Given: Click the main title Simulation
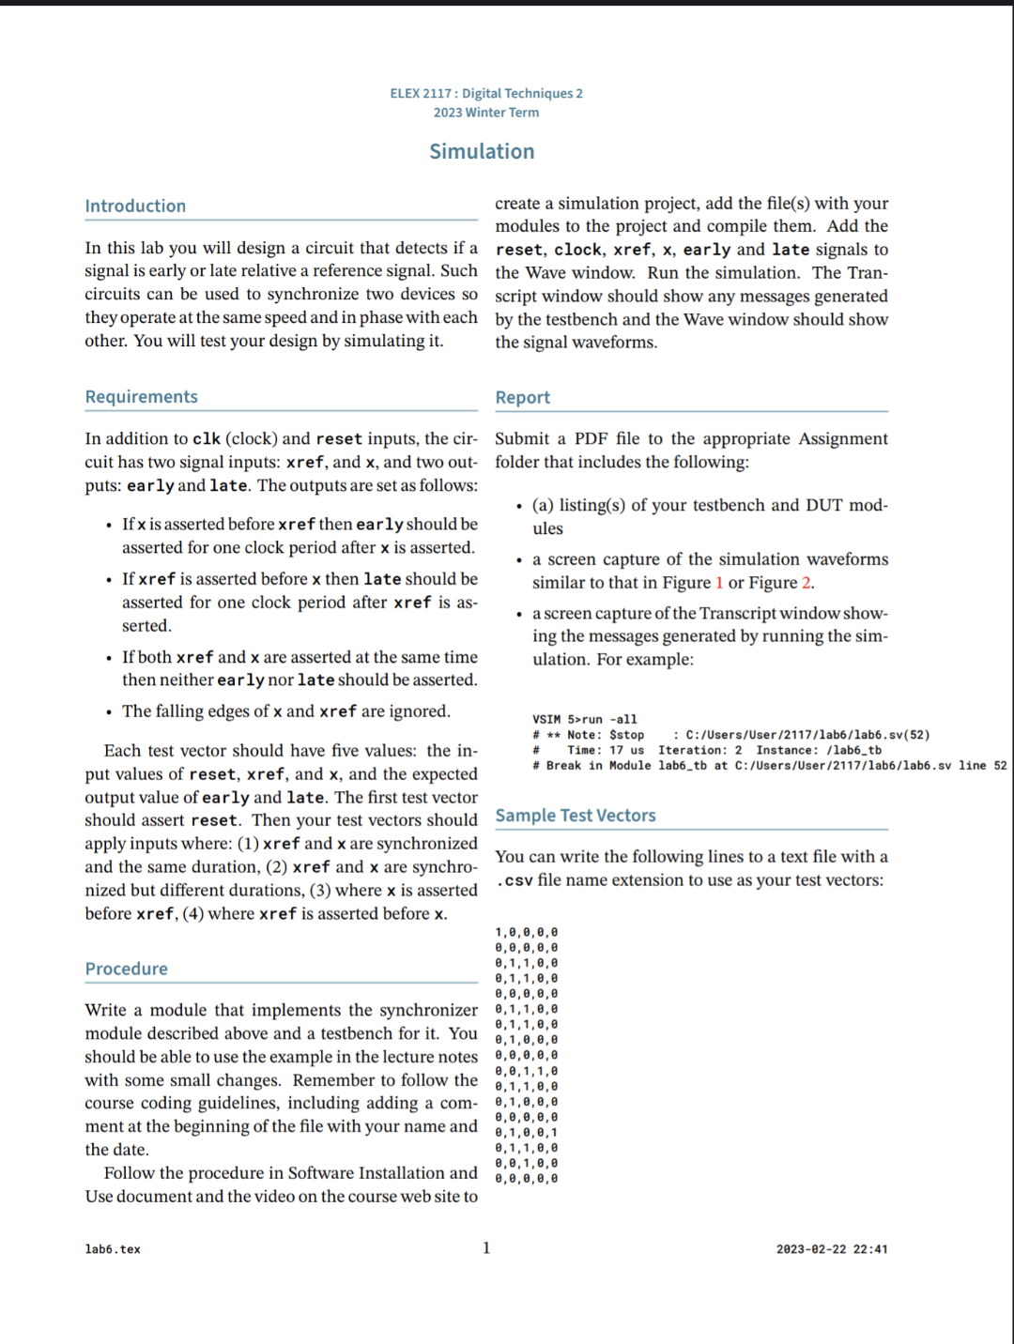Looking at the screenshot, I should [x=482, y=151].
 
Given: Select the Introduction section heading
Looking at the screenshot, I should [x=135, y=206].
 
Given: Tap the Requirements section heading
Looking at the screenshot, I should [x=141, y=396].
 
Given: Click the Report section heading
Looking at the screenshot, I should [x=522, y=397].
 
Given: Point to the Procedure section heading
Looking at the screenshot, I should [x=126, y=969].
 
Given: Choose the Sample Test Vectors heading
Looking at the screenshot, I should [x=575, y=815].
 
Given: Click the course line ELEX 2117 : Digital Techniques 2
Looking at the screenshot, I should [x=486, y=93].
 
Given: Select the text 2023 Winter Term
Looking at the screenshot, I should [x=486, y=113].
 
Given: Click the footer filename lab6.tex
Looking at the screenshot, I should [x=113, y=1249].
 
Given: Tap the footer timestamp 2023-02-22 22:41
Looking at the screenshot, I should [x=831, y=1249].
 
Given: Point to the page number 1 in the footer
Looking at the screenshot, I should [x=486, y=1247].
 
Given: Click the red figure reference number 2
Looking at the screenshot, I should [x=806, y=583].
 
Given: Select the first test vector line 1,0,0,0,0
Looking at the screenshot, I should [x=526, y=932].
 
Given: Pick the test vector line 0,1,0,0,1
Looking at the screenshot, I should [x=526, y=1132].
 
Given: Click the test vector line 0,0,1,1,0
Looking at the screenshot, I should [x=526, y=1071].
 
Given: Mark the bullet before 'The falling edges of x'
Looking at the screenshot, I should [x=109, y=712].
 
